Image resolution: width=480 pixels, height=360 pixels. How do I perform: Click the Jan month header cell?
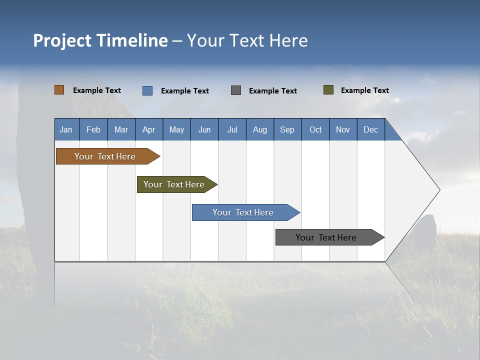[66, 129]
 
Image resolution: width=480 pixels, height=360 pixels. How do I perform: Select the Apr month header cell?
[149, 129]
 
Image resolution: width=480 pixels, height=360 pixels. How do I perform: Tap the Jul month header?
[232, 129]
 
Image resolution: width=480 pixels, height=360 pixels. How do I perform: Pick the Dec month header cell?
[370, 129]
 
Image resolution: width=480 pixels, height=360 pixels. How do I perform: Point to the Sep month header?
[287, 129]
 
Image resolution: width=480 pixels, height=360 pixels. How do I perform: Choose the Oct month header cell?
[315, 129]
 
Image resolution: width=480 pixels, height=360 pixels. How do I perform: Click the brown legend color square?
[59, 90]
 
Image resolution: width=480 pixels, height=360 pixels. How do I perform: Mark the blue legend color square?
[147, 90]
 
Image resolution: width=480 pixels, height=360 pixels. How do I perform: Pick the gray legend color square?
[236, 90]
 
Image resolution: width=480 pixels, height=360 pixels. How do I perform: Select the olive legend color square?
[328, 90]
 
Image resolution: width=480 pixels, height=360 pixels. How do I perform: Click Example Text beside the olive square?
[365, 90]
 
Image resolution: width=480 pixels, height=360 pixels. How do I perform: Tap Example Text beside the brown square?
[97, 90]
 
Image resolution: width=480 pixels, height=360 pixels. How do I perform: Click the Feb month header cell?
[93, 129]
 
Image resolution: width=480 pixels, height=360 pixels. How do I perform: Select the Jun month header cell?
[204, 129]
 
